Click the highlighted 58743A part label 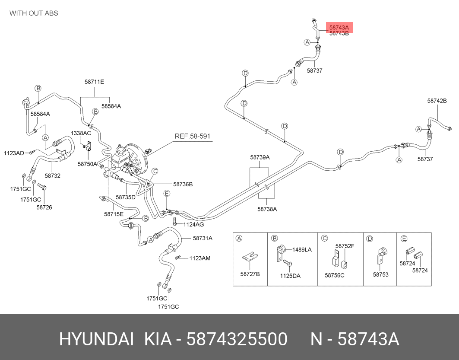click(x=339, y=28)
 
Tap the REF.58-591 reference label click(x=192, y=136)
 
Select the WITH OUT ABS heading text click(x=34, y=13)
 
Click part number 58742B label click(x=437, y=101)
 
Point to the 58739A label click(x=260, y=157)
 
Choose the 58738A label click(x=267, y=209)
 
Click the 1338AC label click(x=81, y=133)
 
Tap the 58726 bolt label click(x=44, y=207)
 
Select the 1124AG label click(x=193, y=225)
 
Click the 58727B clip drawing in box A click(x=250, y=257)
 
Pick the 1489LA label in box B click(x=302, y=249)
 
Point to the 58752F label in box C click(x=345, y=246)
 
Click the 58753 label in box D click(x=380, y=274)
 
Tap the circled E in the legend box click(x=404, y=239)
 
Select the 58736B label click(x=183, y=184)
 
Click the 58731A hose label click(x=203, y=238)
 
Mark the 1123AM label click(x=200, y=258)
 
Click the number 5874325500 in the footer click(x=237, y=339)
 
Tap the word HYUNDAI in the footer click(x=97, y=339)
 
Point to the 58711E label click(x=94, y=82)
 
